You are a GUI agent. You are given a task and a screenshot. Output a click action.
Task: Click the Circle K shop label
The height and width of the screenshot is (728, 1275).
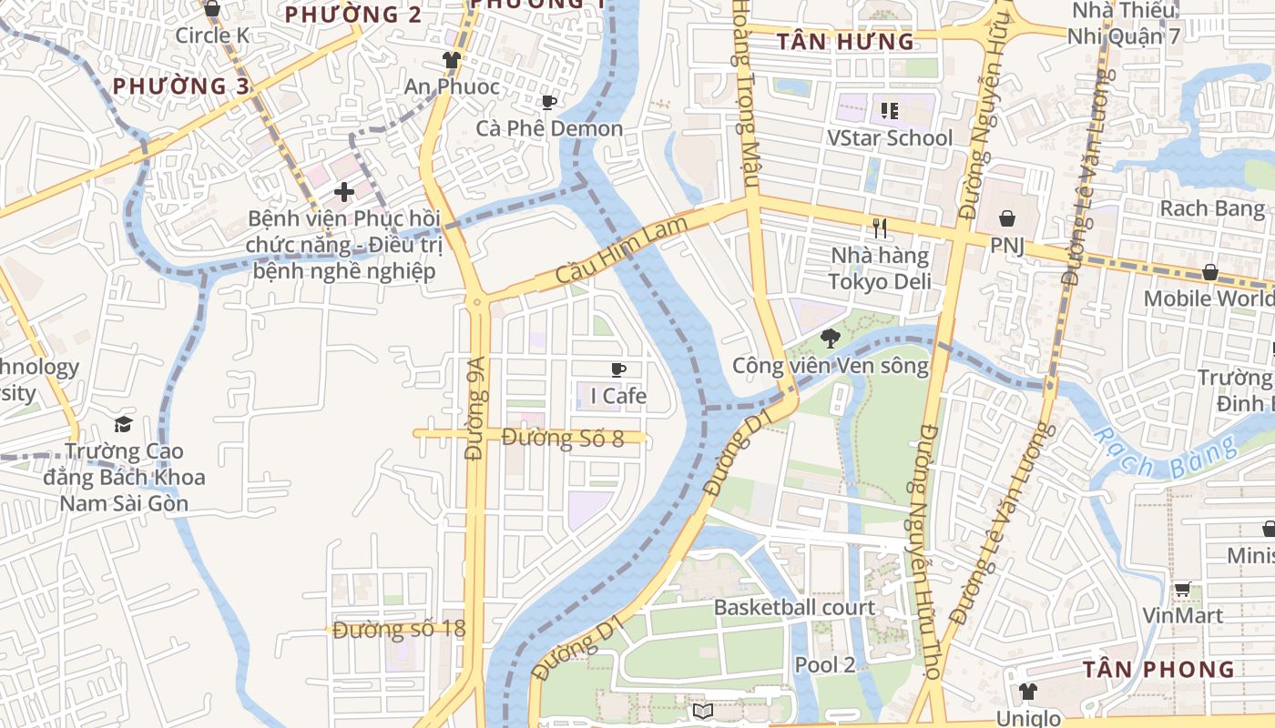click(212, 35)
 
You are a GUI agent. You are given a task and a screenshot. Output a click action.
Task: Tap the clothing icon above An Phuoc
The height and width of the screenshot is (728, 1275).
click(451, 60)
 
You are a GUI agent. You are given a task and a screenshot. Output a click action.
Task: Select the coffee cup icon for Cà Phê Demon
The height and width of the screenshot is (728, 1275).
click(548, 102)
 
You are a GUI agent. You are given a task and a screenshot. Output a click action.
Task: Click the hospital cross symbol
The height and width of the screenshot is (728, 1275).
click(343, 192)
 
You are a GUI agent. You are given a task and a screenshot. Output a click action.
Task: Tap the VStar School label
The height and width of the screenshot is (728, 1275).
click(889, 138)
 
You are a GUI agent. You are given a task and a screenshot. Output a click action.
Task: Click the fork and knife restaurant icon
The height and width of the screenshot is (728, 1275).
click(879, 228)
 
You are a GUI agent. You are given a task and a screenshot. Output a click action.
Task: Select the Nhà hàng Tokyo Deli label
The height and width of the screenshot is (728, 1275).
click(880, 268)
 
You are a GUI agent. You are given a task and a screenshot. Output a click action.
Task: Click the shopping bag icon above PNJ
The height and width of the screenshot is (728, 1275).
click(1008, 218)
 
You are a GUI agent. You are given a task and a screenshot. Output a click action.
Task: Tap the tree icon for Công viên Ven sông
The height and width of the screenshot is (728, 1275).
click(830, 339)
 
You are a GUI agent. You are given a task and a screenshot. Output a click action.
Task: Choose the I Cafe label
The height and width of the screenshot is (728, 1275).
click(618, 396)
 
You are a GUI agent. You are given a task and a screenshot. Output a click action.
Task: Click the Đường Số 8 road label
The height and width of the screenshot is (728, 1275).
click(563, 439)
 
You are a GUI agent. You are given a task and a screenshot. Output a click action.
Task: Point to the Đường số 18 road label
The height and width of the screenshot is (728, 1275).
click(399, 630)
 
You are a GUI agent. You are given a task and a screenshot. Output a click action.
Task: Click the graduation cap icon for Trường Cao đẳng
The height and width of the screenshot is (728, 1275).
click(123, 424)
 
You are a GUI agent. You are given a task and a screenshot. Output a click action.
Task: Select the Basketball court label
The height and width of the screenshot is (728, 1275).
click(794, 607)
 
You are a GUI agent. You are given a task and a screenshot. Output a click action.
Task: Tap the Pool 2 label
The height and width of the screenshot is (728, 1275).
click(825, 664)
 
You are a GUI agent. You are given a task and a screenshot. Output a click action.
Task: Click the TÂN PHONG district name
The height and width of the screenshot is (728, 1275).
click(1158, 670)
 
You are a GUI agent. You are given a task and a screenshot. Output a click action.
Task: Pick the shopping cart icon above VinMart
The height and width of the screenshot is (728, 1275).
click(1182, 590)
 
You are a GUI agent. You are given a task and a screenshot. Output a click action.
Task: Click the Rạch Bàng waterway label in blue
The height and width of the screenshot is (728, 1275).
click(1166, 455)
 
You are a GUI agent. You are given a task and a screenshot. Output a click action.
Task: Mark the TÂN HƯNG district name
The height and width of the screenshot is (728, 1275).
click(844, 41)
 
